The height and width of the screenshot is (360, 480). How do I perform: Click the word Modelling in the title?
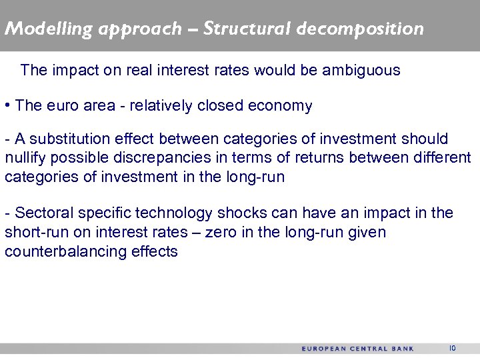tap(40, 29)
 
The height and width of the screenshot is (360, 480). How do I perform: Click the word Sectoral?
tap(43, 213)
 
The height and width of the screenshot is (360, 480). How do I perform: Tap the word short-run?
tap(33, 232)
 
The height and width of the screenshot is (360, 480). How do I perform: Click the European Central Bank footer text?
tap(357, 349)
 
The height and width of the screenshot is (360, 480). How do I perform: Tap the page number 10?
tap(452, 348)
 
